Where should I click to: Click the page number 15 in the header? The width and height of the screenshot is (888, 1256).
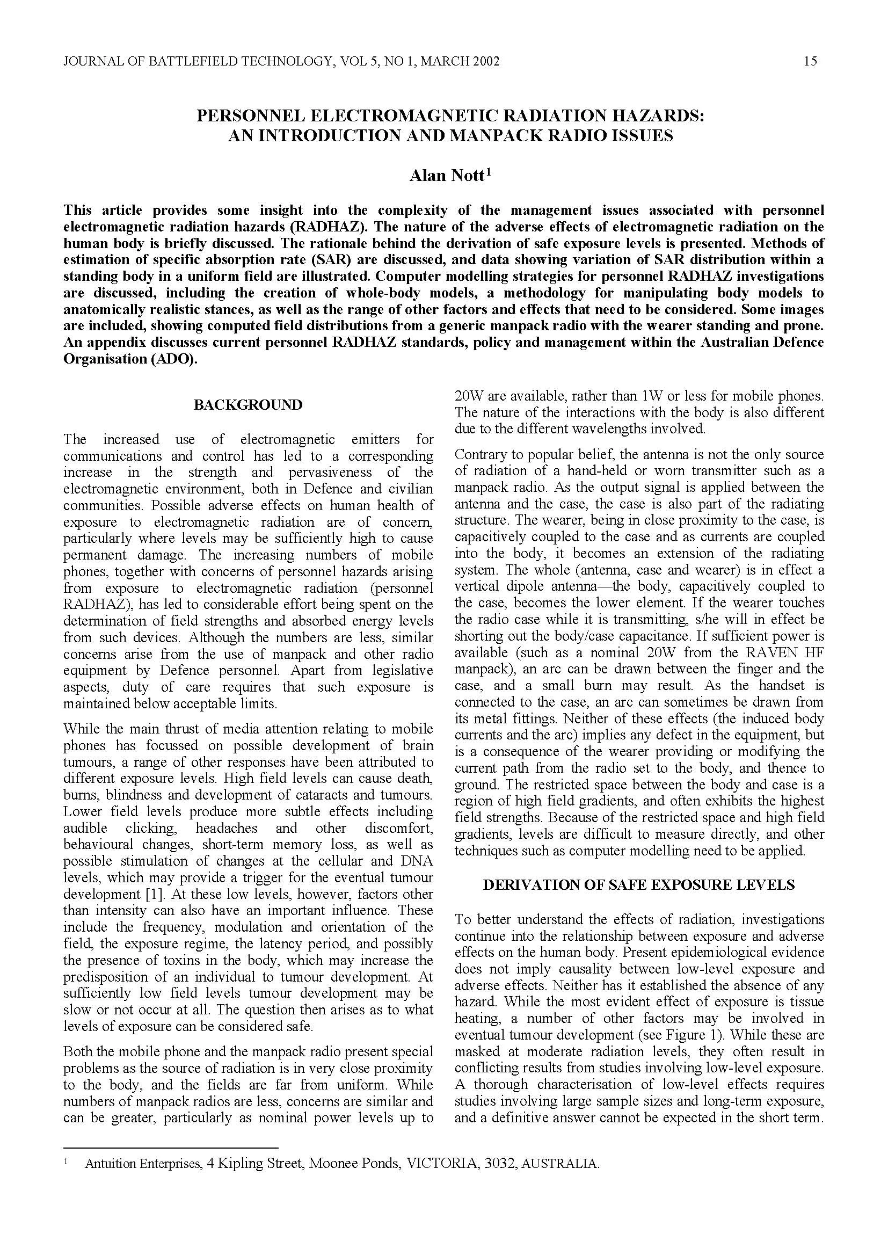(x=810, y=61)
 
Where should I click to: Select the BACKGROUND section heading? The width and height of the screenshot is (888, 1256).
(x=248, y=405)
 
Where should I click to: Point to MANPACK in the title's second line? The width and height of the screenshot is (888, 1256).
(x=491, y=135)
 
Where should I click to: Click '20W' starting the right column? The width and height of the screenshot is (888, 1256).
(x=468, y=396)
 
